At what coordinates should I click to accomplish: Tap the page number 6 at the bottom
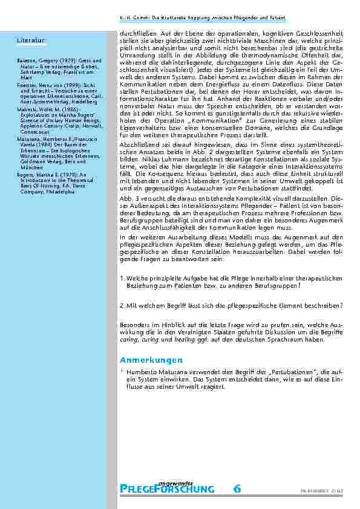(237, 488)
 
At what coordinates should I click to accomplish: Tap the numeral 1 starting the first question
(122, 277)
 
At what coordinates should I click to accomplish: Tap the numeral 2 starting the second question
(122, 305)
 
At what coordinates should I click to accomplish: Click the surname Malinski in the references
(27, 111)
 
